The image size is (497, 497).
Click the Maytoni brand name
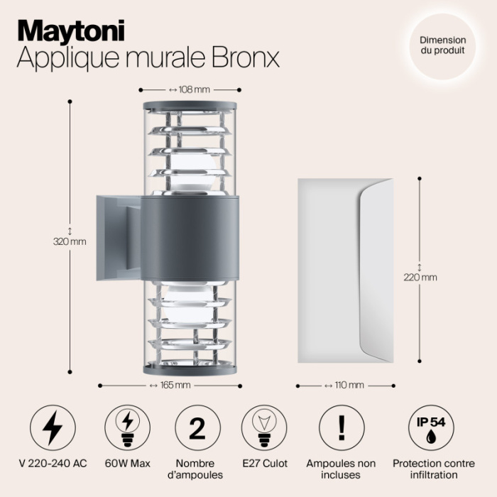pyautogui.click(x=70, y=30)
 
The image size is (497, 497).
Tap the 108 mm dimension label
pyautogui.click(x=190, y=90)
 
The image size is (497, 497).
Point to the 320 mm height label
pyautogui.click(x=70, y=241)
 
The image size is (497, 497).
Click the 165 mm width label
pyautogui.click(x=170, y=386)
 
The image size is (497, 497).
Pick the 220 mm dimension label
pyautogui.click(x=420, y=277)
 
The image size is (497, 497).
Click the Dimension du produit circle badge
pyautogui.click(x=442, y=46)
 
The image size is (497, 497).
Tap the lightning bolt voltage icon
pyautogui.click(x=53, y=428)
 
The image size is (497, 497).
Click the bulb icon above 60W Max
pyautogui.click(x=127, y=428)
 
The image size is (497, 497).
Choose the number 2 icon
pyautogui.click(x=197, y=428)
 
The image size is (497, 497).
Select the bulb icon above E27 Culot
pyautogui.click(x=266, y=428)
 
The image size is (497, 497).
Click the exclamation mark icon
pyautogui.click(x=342, y=428)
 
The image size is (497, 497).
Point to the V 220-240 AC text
pyautogui.click(x=53, y=464)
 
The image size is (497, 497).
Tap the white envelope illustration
pyautogui.click(x=344, y=270)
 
